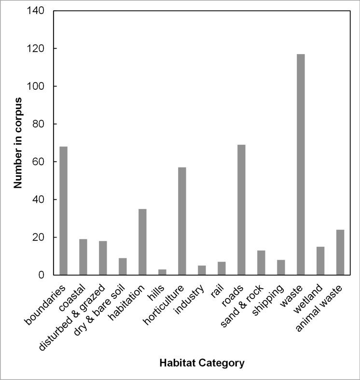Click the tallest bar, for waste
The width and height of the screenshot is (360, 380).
coord(301,164)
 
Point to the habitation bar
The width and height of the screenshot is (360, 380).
coord(142,242)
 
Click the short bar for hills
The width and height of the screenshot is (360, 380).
coord(162,272)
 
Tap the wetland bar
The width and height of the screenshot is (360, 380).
coord(320,261)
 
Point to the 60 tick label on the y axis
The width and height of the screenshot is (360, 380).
coord(39,162)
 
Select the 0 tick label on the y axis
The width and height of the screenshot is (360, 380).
coord(42,275)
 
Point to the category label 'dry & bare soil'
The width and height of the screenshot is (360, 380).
coord(100,309)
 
